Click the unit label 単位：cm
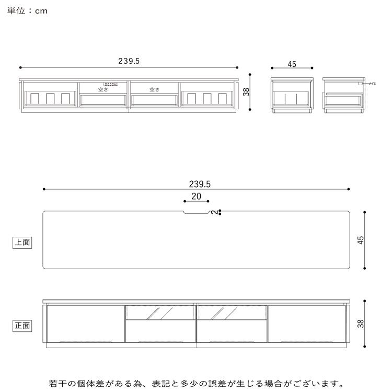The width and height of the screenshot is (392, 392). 28,10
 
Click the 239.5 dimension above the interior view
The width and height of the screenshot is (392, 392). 129,61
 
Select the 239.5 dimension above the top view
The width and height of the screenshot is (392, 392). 200,184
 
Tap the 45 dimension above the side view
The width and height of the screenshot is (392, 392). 292,64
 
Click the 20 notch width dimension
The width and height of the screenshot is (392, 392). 196,196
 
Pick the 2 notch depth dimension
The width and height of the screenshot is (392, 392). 215,212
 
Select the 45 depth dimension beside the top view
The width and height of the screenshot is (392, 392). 360,240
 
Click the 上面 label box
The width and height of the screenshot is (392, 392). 22,242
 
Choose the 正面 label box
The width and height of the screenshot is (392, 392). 22,326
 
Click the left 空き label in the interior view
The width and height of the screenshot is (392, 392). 103,89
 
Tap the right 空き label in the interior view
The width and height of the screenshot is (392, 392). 154,89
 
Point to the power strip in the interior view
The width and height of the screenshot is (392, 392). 111,83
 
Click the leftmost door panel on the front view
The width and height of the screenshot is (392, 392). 85,324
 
